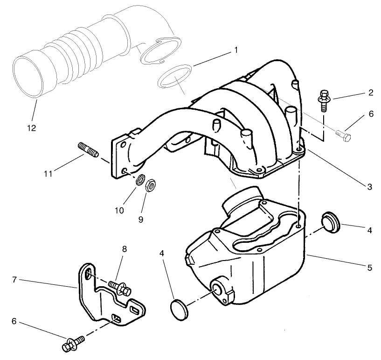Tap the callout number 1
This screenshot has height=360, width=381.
tap(236, 49)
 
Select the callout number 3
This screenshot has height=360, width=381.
tap(369, 187)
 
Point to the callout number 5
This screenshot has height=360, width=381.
tap(370, 268)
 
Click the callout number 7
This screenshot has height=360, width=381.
tap(14, 280)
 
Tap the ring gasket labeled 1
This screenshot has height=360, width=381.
tap(175, 76)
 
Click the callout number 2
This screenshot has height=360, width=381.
tap(370, 92)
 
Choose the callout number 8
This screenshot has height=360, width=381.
tap(125, 249)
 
